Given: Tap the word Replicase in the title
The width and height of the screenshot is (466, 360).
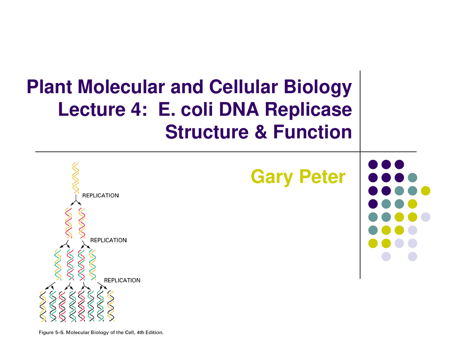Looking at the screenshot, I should [x=308, y=110].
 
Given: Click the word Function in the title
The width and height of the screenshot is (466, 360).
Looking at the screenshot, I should [x=312, y=132].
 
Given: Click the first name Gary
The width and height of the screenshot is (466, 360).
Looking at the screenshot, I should [x=272, y=177].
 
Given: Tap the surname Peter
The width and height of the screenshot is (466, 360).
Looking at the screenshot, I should [x=322, y=177].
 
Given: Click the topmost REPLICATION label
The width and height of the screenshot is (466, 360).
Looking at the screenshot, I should [x=100, y=195].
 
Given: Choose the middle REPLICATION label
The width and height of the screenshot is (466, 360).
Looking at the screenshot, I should [x=108, y=240].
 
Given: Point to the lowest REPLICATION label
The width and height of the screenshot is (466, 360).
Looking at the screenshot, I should [x=122, y=280].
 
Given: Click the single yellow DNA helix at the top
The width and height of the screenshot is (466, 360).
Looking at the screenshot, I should [x=76, y=178].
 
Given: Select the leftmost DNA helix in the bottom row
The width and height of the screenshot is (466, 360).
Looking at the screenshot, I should [x=43, y=306].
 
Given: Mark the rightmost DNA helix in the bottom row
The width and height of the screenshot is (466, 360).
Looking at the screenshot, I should [x=111, y=306].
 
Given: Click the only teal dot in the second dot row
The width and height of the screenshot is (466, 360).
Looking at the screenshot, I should [x=412, y=178].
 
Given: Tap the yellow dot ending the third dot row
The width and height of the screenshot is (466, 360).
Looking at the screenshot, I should [x=425, y=191].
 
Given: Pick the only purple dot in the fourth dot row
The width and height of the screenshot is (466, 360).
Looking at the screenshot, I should [x=373, y=204].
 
